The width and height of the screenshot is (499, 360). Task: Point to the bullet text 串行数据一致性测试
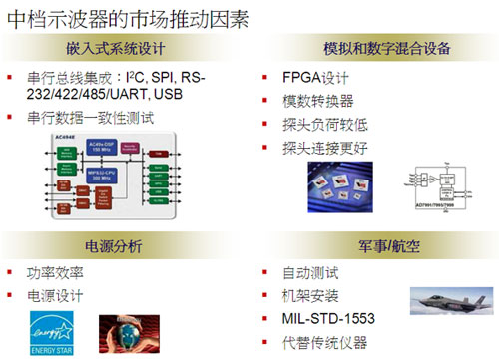(x=92, y=117)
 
